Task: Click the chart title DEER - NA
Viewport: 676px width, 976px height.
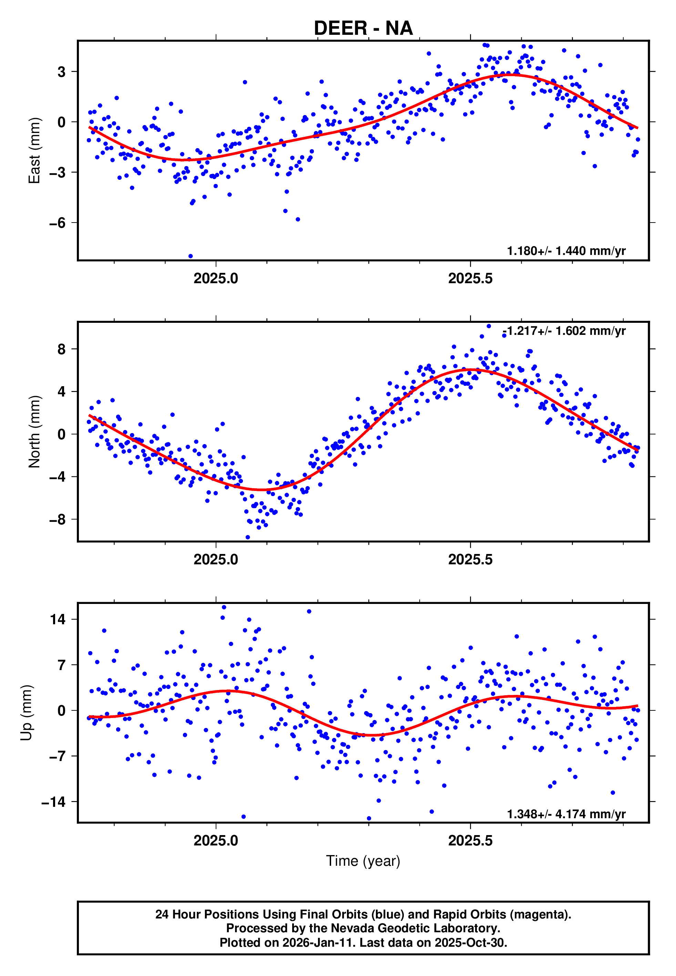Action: (x=363, y=28)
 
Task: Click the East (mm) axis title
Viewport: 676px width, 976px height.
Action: (x=34, y=150)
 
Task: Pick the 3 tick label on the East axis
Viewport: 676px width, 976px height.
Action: (x=62, y=72)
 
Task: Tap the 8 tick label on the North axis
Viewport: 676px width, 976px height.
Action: (x=62, y=349)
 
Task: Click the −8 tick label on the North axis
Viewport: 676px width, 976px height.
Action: (x=58, y=520)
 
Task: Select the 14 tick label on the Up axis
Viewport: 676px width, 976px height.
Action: (x=58, y=619)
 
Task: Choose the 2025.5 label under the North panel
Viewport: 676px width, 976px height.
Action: (x=470, y=559)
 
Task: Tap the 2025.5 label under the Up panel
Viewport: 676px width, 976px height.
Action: (x=470, y=841)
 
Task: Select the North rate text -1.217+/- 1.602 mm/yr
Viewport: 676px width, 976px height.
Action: (x=564, y=331)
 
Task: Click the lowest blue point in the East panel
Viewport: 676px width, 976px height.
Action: (x=191, y=256)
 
